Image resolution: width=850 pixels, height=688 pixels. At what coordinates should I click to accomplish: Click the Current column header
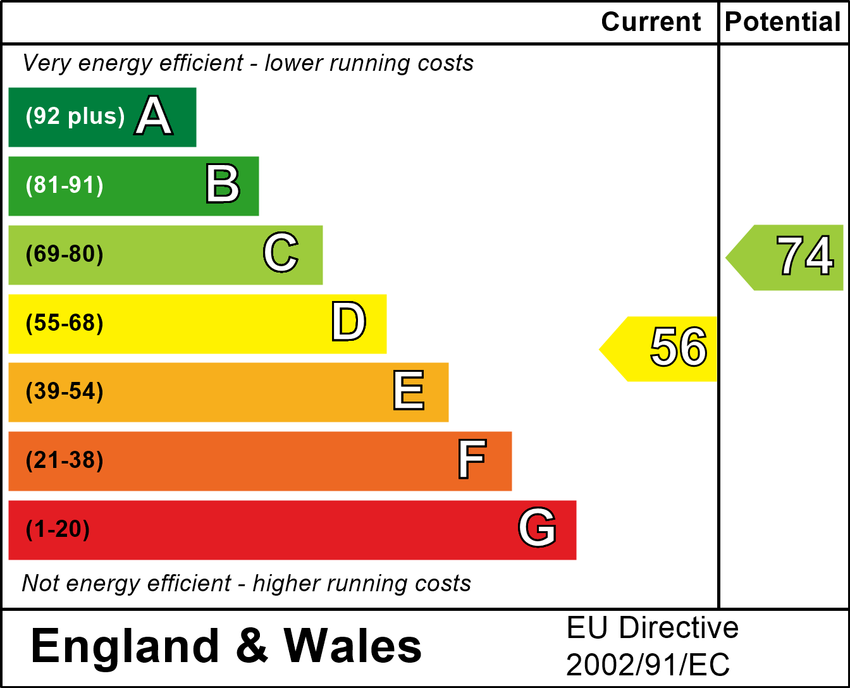click(x=651, y=22)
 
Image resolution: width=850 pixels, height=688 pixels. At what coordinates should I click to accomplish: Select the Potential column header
click(x=783, y=22)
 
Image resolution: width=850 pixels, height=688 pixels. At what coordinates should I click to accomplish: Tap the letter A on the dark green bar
click(x=154, y=116)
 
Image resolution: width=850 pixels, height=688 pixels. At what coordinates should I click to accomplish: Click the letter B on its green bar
click(x=223, y=185)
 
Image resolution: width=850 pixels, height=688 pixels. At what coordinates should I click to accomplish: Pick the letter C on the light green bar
click(x=281, y=254)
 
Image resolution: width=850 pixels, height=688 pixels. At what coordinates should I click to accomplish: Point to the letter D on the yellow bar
click(x=349, y=322)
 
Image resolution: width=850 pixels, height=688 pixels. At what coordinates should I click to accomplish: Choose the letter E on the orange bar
click(x=409, y=391)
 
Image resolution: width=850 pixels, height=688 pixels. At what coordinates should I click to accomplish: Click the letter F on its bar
click(x=472, y=460)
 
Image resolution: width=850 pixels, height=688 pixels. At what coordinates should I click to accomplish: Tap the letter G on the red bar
click(x=538, y=528)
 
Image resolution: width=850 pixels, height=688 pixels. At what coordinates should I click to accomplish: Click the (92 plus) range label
click(x=75, y=116)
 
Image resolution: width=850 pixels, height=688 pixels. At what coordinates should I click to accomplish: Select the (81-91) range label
click(x=65, y=185)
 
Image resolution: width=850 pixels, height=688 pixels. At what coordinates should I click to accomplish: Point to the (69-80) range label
click(x=65, y=254)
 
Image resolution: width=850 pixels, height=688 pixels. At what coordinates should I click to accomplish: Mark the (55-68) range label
click(x=65, y=323)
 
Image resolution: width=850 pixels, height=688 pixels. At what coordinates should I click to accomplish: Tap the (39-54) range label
click(x=65, y=391)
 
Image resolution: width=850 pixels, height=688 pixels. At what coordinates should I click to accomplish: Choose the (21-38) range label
click(x=65, y=460)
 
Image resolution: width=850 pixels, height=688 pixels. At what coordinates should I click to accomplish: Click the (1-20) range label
click(x=58, y=529)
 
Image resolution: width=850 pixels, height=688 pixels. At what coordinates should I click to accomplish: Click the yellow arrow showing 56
click(x=664, y=348)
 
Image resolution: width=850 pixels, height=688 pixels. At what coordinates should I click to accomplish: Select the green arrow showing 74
click(x=791, y=257)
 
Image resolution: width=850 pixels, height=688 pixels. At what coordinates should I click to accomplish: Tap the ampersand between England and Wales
click(x=252, y=646)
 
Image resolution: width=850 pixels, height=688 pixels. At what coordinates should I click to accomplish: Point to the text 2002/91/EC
click(x=648, y=665)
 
